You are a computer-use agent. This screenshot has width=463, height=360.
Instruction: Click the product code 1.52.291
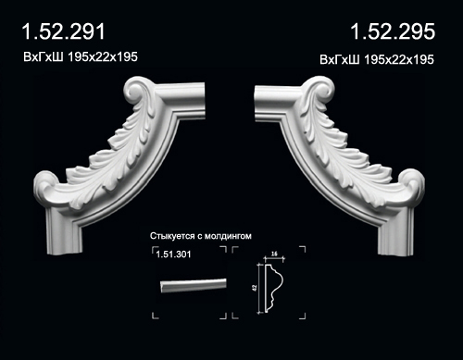[64, 31]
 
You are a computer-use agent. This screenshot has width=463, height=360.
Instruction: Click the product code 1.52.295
[393, 31]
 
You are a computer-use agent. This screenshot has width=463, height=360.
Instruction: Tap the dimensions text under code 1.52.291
[81, 57]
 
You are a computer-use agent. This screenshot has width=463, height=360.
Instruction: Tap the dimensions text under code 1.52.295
[377, 59]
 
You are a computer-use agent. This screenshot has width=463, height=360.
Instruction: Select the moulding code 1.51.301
[173, 254]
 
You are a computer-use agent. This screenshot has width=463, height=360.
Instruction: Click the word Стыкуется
[172, 236]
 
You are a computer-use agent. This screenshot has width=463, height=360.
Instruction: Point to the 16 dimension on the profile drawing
[274, 254]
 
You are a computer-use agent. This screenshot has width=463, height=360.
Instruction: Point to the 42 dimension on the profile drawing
[255, 288]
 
